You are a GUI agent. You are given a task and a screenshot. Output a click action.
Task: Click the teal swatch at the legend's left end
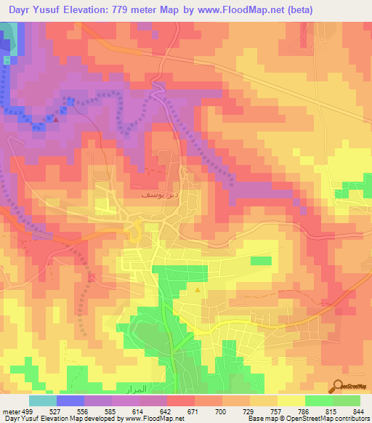42,400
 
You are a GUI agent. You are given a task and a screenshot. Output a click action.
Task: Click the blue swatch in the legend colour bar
70,400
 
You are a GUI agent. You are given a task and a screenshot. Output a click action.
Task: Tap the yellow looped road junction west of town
134,234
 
